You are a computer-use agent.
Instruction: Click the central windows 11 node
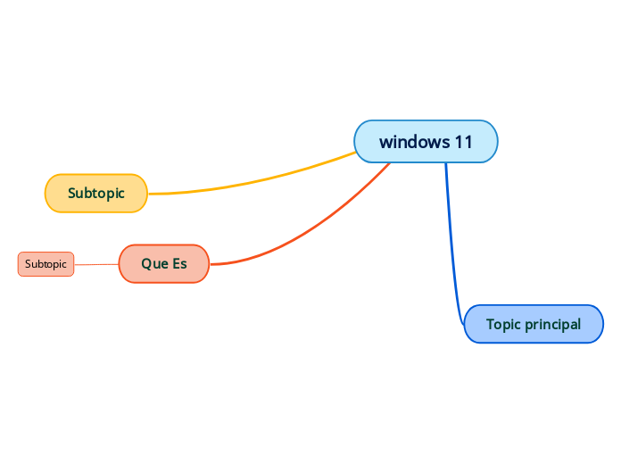click(x=426, y=141)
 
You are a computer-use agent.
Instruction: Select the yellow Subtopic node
click(x=96, y=193)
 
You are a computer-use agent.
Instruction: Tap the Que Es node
click(x=163, y=263)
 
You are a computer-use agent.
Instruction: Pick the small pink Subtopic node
click(x=46, y=264)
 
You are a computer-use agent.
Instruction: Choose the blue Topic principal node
click(x=534, y=324)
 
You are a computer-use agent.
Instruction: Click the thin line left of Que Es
click(x=96, y=264)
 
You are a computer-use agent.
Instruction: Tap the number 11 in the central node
click(x=462, y=142)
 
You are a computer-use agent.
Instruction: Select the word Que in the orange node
click(x=153, y=263)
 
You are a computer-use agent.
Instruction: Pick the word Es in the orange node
click(x=178, y=263)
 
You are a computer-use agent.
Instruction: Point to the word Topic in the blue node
click(x=503, y=324)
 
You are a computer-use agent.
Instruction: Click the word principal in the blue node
click(x=552, y=324)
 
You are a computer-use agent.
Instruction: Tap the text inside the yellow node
click(x=96, y=193)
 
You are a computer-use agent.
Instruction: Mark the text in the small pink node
click(x=46, y=264)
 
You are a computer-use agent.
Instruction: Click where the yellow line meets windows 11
click(x=357, y=152)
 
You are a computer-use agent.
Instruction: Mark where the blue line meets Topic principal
click(x=466, y=324)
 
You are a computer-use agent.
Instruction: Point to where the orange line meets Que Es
click(x=210, y=264)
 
